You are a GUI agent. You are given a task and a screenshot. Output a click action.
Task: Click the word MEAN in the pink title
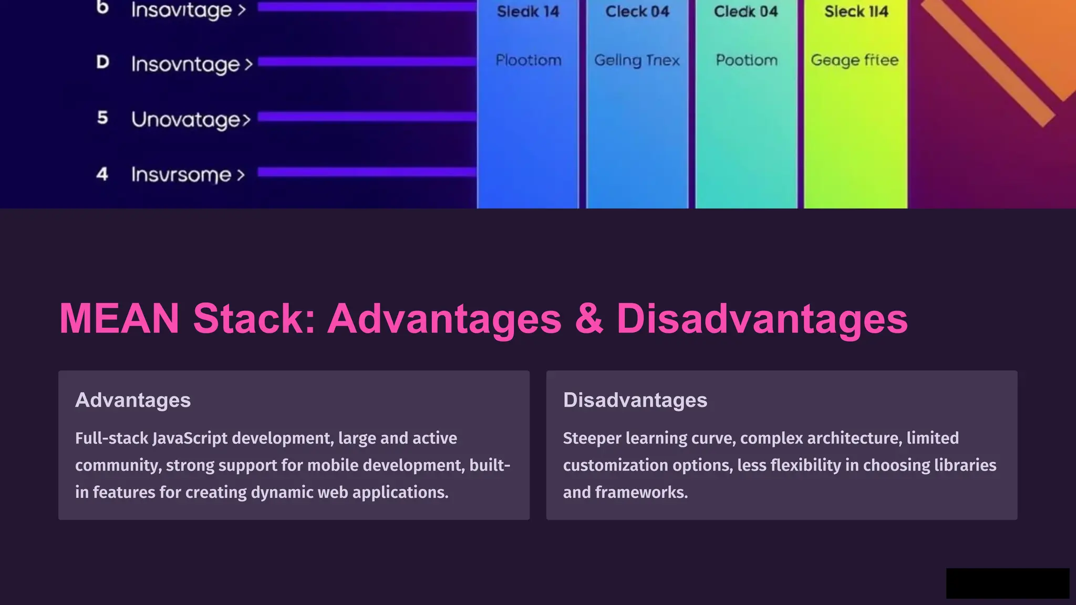coord(119,319)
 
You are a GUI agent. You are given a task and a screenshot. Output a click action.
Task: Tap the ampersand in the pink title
coord(589,319)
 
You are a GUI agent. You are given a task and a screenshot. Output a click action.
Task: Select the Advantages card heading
coord(133,400)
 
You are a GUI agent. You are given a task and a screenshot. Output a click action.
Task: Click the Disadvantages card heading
coord(635,400)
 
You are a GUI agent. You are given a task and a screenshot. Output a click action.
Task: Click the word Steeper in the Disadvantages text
coord(592,439)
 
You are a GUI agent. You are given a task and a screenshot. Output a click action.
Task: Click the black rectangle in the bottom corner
coord(1008,583)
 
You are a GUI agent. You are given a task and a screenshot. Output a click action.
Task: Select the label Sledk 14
coord(528,12)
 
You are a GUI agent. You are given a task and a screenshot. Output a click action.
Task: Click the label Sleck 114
coord(856,12)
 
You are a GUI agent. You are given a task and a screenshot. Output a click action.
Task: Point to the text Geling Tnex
coord(637,61)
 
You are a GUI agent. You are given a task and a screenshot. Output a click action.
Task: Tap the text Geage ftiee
coord(854,61)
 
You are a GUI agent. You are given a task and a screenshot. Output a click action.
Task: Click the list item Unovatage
coord(191,120)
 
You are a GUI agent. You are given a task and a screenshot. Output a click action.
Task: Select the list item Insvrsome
coord(188,175)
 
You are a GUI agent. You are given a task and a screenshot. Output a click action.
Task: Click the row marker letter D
coord(102,62)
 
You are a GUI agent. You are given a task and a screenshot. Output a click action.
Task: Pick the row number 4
coord(102,174)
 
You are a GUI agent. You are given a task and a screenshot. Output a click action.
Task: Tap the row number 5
coord(102,118)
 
